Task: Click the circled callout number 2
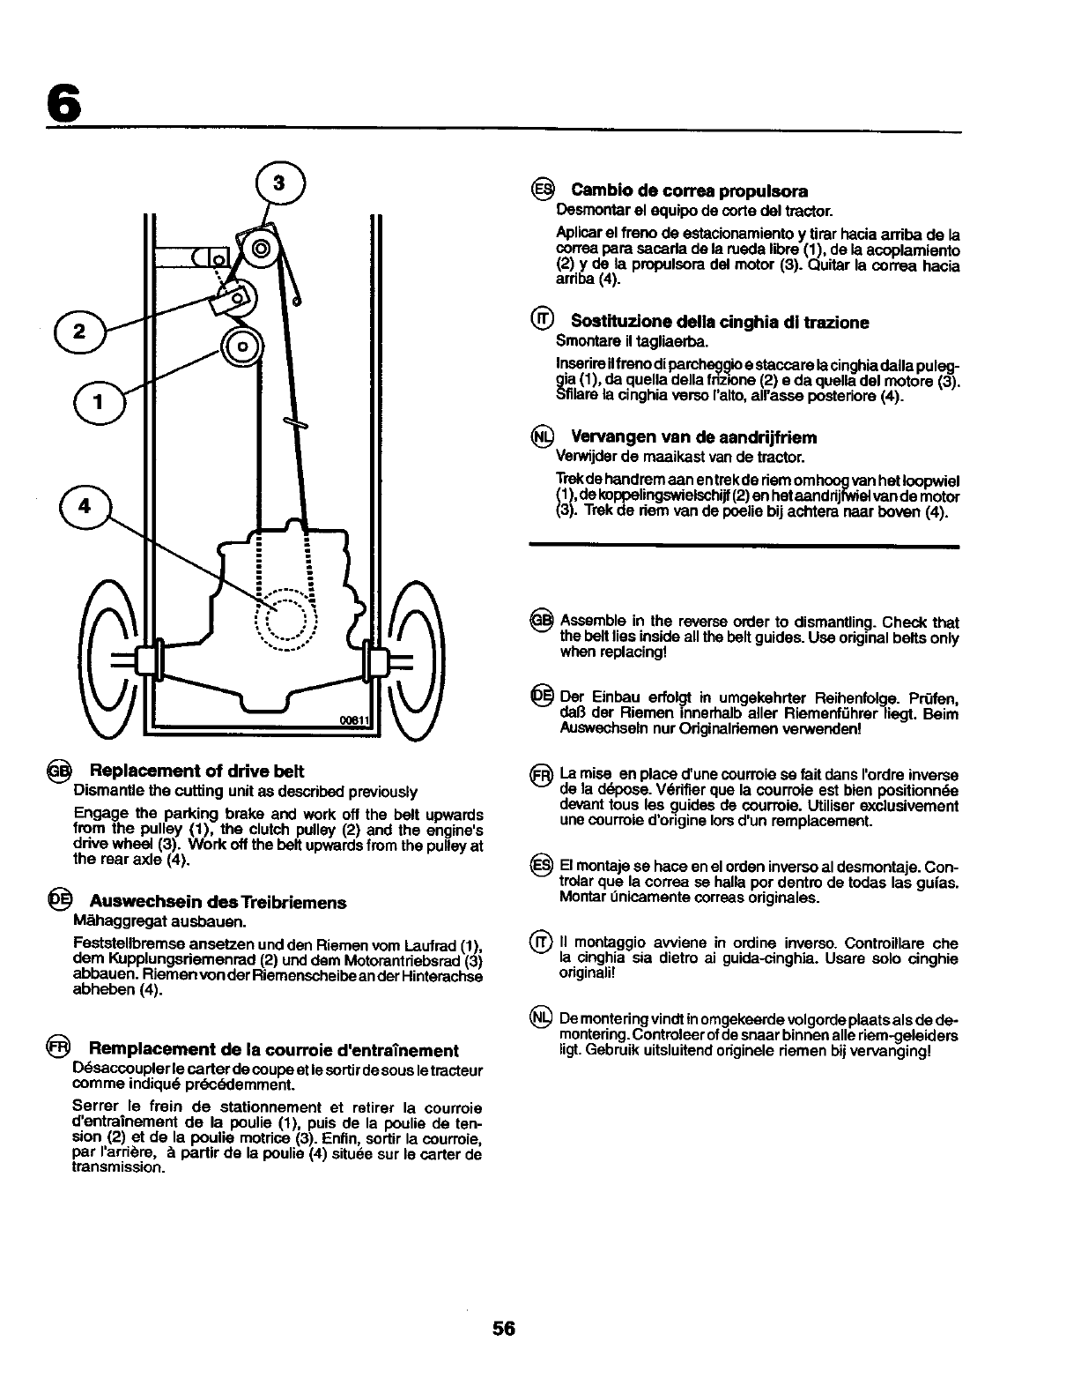[78, 332]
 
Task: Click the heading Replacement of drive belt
[196, 771]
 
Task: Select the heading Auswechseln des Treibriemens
[218, 902]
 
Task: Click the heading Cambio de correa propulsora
[689, 190]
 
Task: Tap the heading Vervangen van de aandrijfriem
[693, 437]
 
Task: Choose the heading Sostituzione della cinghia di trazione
[719, 322]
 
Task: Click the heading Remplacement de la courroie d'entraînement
[273, 1050]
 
